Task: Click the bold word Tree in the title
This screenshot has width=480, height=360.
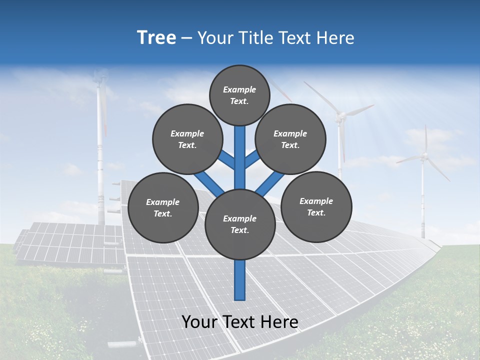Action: [x=156, y=37]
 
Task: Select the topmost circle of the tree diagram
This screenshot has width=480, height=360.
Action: [x=239, y=95]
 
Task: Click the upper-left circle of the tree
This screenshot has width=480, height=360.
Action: [x=187, y=139]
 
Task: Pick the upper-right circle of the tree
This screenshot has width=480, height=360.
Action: [x=290, y=139]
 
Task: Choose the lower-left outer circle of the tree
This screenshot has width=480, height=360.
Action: [x=163, y=207]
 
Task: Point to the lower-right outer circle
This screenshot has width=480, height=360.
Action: [x=316, y=206]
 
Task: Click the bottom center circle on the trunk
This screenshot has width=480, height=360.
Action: [x=240, y=224]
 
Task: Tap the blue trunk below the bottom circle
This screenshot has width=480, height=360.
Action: [x=240, y=280]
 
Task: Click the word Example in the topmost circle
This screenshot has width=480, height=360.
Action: [x=239, y=89]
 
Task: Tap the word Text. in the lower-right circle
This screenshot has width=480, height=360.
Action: [x=316, y=212]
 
